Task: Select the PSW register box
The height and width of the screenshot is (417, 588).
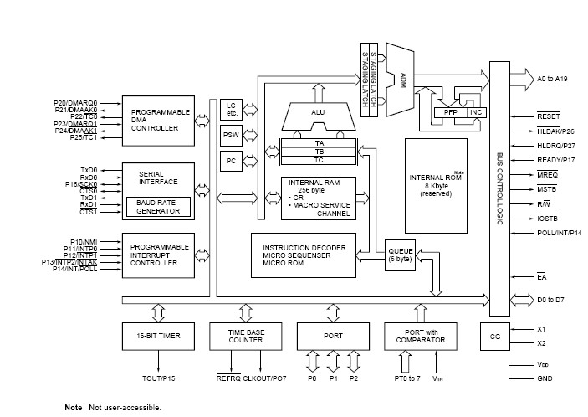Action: pyautogui.click(x=231, y=135)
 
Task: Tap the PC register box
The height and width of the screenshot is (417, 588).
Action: pyautogui.click(x=231, y=161)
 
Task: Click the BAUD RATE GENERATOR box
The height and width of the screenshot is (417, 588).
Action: pyautogui.click(x=158, y=207)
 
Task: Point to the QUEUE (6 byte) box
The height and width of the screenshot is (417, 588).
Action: pyautogui.click(x=400, y=255)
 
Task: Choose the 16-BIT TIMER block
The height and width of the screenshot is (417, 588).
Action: pyautogui.click(x=158, y=337)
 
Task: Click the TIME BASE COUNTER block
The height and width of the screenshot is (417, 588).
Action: pyautogui.click(x=246, y=337)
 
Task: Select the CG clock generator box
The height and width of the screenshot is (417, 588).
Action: pyautogui.click(x=495, y=337)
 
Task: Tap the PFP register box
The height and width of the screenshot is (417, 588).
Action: pyautogui.click(x=451, y=112)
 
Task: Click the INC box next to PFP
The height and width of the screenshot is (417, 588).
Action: pyautogui.click(x=477, y=112)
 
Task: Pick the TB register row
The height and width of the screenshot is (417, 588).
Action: pyautogui.click(x=319, y=152)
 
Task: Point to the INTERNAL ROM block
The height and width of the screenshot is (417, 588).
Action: pyautogui.click(x=436, y=186)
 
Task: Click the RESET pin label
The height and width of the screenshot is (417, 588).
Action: pyautogui.click(x=548, y=116)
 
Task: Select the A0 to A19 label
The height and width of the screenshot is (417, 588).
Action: pyautogui.click(x=552, y=79)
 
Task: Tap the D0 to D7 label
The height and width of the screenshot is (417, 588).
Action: pyautogui.click(x=550, y=300)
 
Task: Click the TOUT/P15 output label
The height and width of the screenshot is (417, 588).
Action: pyautogui.click(x=159, y=378)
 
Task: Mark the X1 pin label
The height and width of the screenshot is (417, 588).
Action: pyautogui.click(x=541, y=329)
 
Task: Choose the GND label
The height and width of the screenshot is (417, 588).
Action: pyautogui.click(x=545, y=378)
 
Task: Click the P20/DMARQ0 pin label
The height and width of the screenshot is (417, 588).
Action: pyautogui.click(x=75, y=103)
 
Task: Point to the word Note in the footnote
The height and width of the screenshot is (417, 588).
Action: pyautogui.click(x=74, y=407)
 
